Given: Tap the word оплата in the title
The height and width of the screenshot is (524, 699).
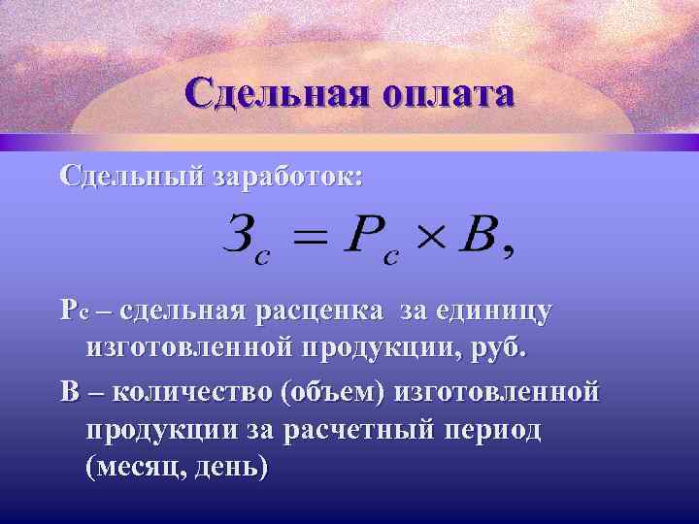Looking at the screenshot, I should [x=449, y=96].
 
